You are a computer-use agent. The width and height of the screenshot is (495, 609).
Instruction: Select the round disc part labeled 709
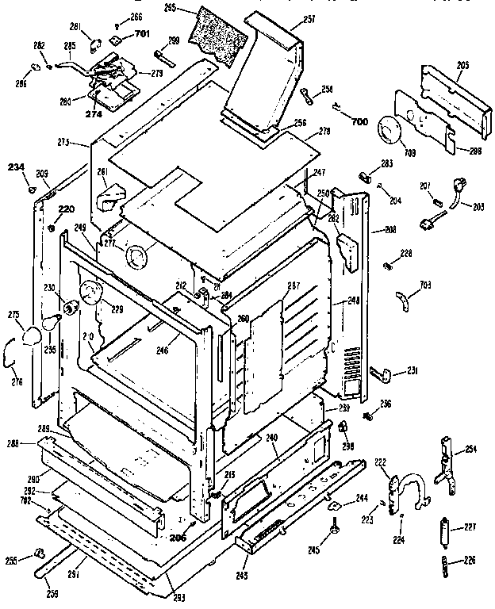pos(391,129)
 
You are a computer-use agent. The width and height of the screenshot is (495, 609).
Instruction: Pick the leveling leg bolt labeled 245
pos(337,527)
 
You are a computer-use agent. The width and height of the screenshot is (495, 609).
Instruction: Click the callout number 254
pos(471,450)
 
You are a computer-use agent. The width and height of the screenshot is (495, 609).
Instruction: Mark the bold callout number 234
pos(17,167)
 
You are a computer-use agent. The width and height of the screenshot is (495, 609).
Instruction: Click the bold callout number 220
pos(66,209)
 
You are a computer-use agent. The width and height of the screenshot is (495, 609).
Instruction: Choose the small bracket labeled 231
pos(384,372)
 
